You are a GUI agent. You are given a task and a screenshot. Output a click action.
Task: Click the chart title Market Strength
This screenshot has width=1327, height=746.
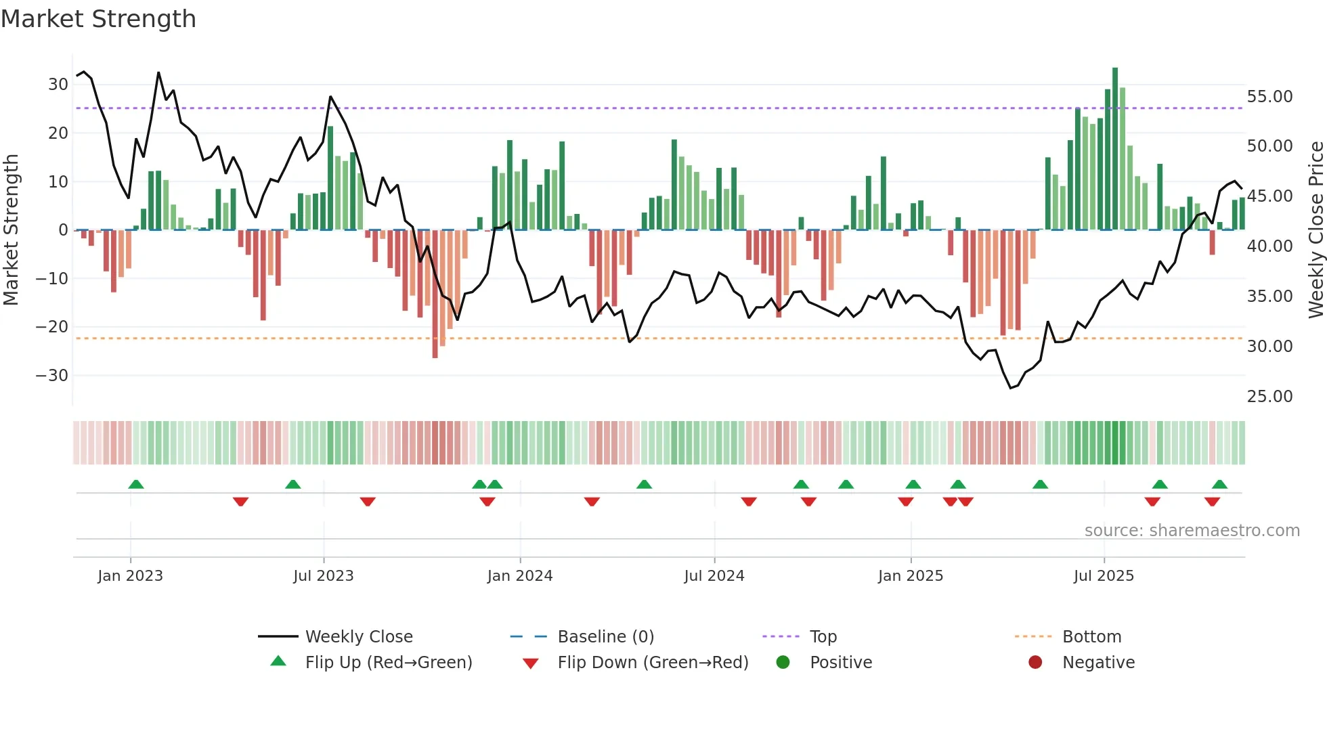[98, 19]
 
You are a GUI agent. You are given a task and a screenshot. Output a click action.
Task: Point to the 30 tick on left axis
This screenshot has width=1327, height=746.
[58, 85]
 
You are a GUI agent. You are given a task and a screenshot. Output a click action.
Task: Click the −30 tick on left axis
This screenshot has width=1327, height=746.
[53, 375]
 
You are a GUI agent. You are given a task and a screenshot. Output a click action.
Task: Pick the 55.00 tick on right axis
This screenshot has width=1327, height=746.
[1269, 97]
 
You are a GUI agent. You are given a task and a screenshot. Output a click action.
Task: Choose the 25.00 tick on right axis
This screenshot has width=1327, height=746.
[1269, 396]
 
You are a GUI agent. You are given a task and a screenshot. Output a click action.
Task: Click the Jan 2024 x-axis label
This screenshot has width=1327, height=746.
[519, 576]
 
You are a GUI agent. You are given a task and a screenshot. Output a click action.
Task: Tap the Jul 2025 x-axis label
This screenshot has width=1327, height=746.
[1104, 576]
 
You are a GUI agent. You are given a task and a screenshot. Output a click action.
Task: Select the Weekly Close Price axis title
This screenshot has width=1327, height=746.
[1315, 230]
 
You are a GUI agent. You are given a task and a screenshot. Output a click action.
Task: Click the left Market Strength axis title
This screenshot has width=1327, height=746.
[11, 230]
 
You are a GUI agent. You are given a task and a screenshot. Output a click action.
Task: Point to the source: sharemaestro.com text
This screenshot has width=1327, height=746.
[1192, 531]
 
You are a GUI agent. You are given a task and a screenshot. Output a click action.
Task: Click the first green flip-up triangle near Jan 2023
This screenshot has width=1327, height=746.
[136, 485]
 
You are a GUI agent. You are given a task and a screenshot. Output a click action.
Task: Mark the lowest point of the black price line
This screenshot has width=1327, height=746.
[1010, 388]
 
